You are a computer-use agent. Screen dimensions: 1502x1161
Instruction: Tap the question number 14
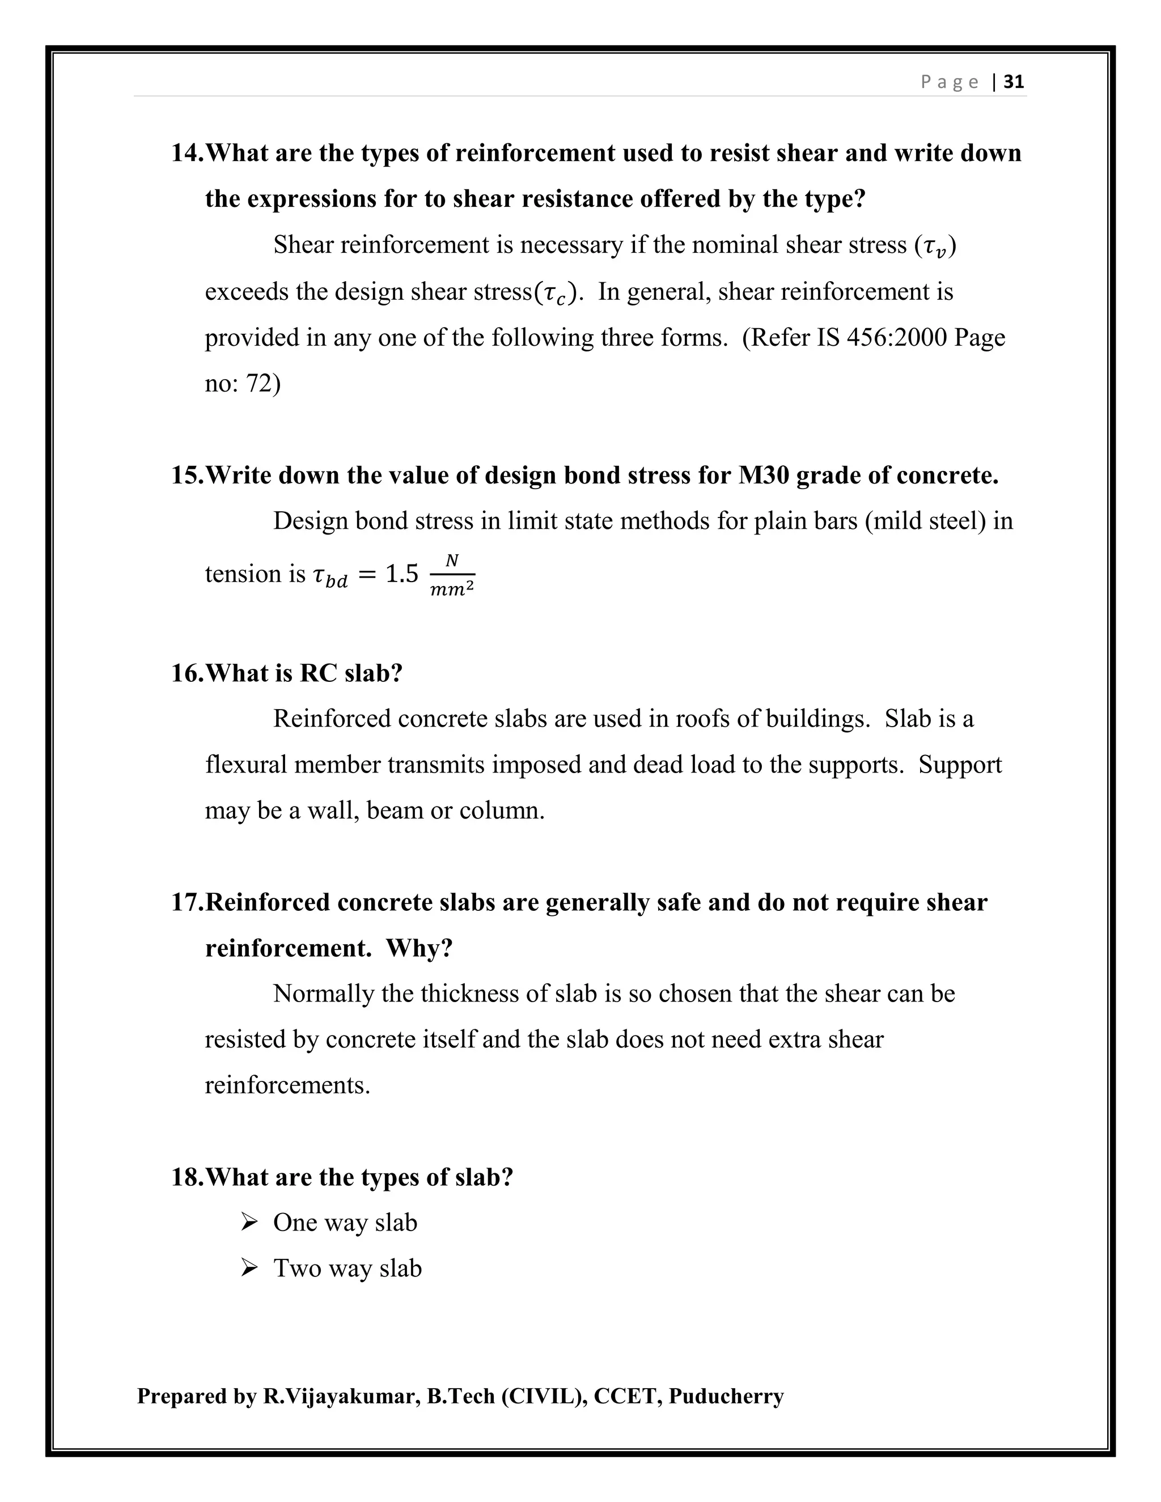pos(187,152)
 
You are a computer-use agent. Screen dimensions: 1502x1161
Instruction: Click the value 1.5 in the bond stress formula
pos(402,574)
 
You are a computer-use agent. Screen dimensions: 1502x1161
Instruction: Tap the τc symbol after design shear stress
pos(555,294)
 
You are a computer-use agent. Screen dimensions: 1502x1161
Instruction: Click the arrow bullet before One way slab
pos(249,1222)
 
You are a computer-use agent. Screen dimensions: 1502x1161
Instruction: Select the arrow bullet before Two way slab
pos(249,1267)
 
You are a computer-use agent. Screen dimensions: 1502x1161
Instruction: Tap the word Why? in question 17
pos(419,948)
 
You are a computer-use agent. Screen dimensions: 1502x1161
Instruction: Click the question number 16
pos(187,673)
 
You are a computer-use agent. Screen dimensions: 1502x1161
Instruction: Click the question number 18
pos(187,1177)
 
